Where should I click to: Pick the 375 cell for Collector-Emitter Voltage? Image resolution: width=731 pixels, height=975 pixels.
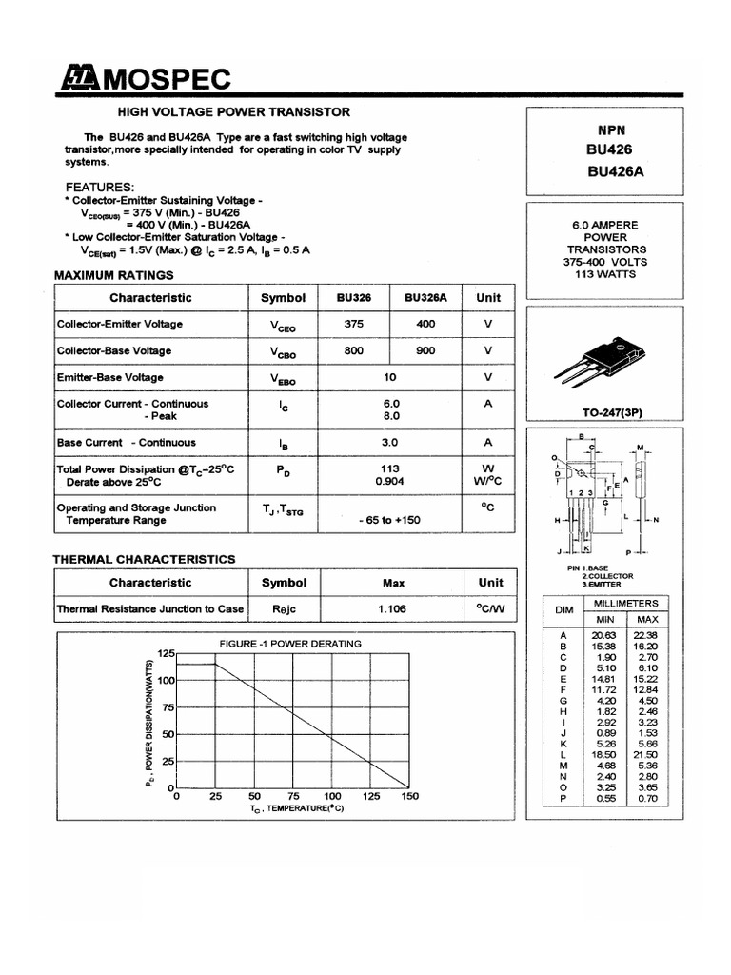pos(354,324)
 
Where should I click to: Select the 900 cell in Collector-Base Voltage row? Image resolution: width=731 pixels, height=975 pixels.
pos(425,350)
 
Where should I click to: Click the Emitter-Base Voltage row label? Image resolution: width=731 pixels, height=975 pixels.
pos(109,377)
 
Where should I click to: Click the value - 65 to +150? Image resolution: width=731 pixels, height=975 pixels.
pos(389,521)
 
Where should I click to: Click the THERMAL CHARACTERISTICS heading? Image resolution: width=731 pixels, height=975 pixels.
pos(144,559)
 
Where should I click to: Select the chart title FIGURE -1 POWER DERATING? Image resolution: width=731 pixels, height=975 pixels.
pos(289,644)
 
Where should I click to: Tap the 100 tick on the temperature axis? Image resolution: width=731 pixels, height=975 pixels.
pos(332,795)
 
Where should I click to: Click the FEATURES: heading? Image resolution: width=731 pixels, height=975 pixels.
pos(99,187)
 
